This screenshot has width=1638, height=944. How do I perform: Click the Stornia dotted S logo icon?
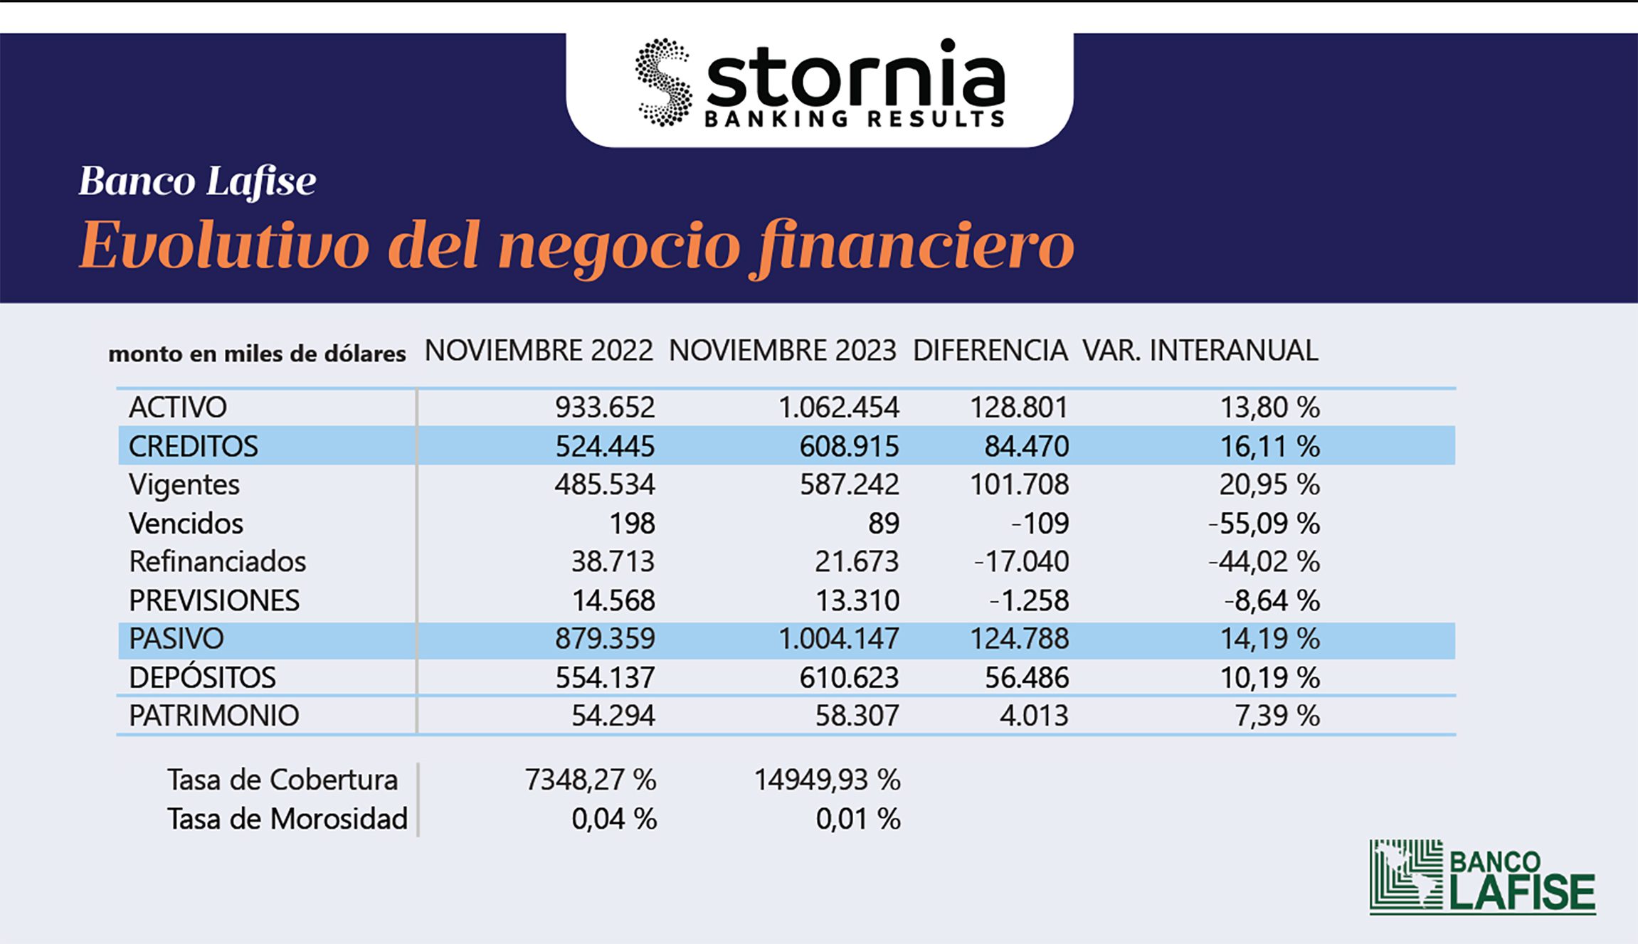coord(664,83)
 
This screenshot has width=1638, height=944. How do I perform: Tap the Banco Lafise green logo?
coord(1482,876)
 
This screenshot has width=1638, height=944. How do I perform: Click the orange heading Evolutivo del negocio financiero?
coord(576,246)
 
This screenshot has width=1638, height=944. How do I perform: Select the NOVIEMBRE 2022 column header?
coord(539,351)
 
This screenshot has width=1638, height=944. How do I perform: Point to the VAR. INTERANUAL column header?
coord(1200,351)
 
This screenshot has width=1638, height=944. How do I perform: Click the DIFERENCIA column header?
coord(990,351)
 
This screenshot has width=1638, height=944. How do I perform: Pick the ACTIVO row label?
coord(178,408)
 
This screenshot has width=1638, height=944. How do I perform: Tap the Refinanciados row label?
coord(217,562)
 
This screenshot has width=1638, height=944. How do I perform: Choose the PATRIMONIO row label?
coord(213,716)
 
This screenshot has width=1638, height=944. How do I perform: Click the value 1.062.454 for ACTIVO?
coord(838,408)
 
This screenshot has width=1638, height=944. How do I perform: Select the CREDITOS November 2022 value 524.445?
coord(605,447)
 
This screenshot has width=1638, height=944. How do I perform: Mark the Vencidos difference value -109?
coord(1040,524)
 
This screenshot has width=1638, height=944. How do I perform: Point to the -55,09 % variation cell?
coord(1264,524)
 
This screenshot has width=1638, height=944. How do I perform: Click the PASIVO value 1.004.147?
coord(838,639)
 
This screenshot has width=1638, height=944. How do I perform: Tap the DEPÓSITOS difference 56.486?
coord(1026,678)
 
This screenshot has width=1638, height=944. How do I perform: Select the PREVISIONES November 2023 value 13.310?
coord(857,601)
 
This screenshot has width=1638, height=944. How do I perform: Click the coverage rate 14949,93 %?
coord(827,780)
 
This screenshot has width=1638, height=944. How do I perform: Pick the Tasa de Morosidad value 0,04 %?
coord(614,819)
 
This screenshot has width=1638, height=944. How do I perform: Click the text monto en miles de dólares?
coord(257,354)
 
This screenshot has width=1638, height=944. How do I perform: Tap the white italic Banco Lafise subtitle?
coord(197,181)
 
